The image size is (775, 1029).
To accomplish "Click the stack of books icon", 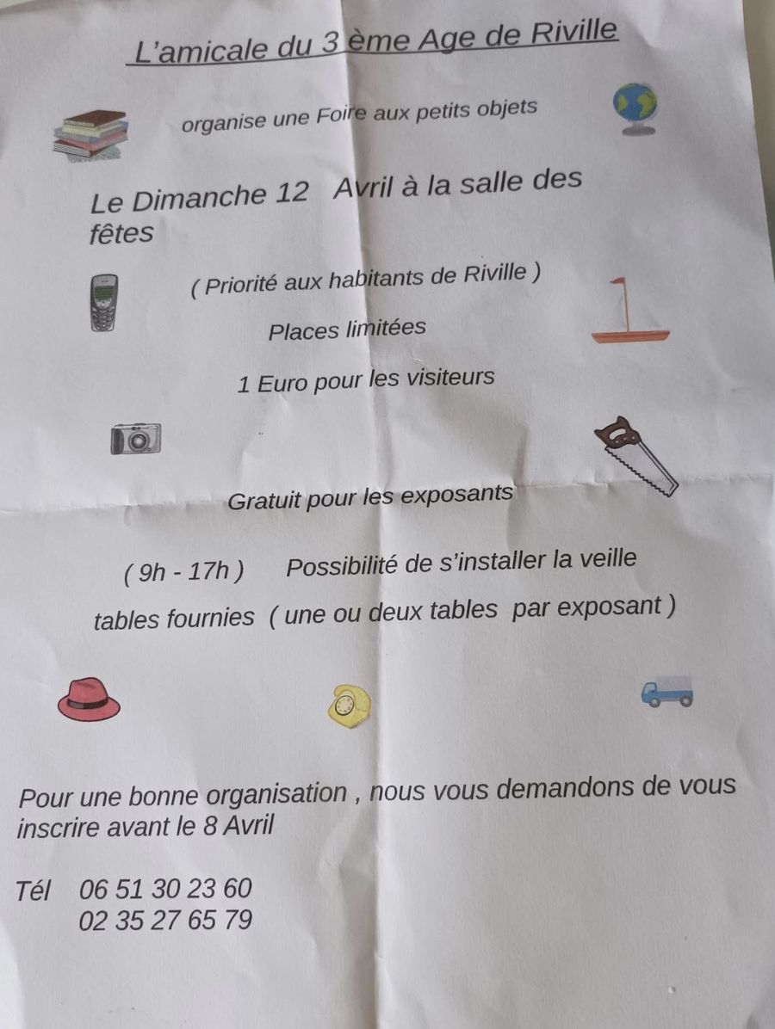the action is coord(90,135).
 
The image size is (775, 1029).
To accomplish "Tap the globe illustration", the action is coord(635,108).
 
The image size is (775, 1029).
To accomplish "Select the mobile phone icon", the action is coord(104,303).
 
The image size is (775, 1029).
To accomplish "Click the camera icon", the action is coord(136,439).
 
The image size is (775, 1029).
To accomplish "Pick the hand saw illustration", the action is coord(635,456).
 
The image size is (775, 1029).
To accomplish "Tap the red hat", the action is coord(89,699).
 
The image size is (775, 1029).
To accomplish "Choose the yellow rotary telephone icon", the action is coord(349,706).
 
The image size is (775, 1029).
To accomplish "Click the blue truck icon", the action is coord(666,692).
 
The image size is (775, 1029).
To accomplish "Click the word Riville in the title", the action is coord(573,32).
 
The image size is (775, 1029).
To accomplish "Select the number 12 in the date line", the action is coord(292,192).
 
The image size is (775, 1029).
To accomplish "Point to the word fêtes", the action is coord(121,233).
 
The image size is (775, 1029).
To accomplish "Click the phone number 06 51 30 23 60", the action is coord(165,889).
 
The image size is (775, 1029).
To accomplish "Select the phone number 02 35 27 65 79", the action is coord(165,920).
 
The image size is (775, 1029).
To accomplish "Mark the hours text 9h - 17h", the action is coord(184,571).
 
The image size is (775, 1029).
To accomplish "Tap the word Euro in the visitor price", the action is coord(282,383).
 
